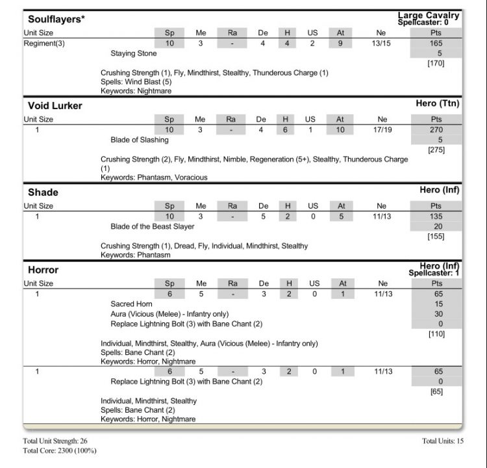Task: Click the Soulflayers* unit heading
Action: tap(56, 19)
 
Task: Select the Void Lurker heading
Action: tap(55, 105)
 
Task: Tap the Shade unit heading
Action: tap(43, 192)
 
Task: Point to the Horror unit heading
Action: tap(43, 270)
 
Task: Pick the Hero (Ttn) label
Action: tap(438, 103)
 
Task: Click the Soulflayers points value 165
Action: tap(436, 44)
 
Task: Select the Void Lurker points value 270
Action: tap(436, 130)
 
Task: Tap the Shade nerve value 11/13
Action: tap(381, 216)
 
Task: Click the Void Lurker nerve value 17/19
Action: tap(381, 130)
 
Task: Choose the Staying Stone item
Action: tap(132, 53)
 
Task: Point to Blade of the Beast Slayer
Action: tap(152, 226)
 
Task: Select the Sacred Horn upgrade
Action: tap(131, 304)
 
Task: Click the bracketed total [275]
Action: tap(436, 150)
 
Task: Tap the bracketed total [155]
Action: tap(436, 237)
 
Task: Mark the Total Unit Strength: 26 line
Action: tap(55, 441)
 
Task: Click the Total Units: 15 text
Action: tap(442, 441)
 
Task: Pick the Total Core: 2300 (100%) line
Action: tap(60, 450)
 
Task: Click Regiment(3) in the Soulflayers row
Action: tap(43, 44)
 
